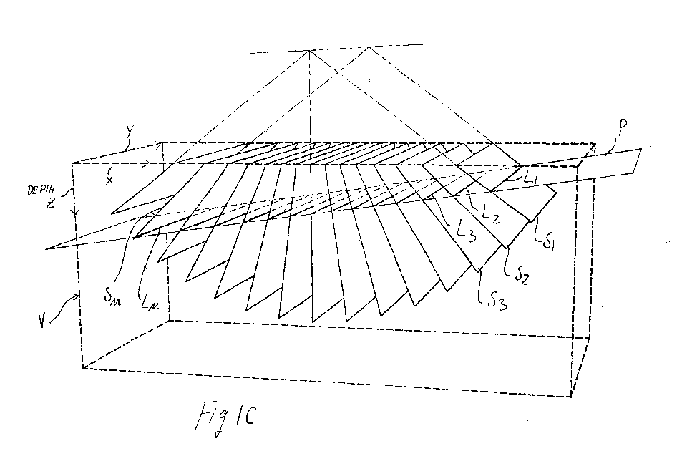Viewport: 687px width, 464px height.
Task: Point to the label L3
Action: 466,232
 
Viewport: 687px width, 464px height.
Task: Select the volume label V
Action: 42,322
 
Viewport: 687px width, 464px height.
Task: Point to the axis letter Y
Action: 130,132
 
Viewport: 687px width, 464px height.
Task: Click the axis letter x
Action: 109,180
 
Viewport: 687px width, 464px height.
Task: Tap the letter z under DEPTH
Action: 49,203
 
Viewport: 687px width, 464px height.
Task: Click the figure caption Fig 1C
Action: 225,417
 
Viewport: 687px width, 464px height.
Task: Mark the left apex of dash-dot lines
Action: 309,51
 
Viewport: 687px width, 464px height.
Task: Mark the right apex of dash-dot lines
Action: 369,47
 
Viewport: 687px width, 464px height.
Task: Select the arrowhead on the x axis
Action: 146,163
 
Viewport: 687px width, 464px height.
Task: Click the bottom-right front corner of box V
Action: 571,397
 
